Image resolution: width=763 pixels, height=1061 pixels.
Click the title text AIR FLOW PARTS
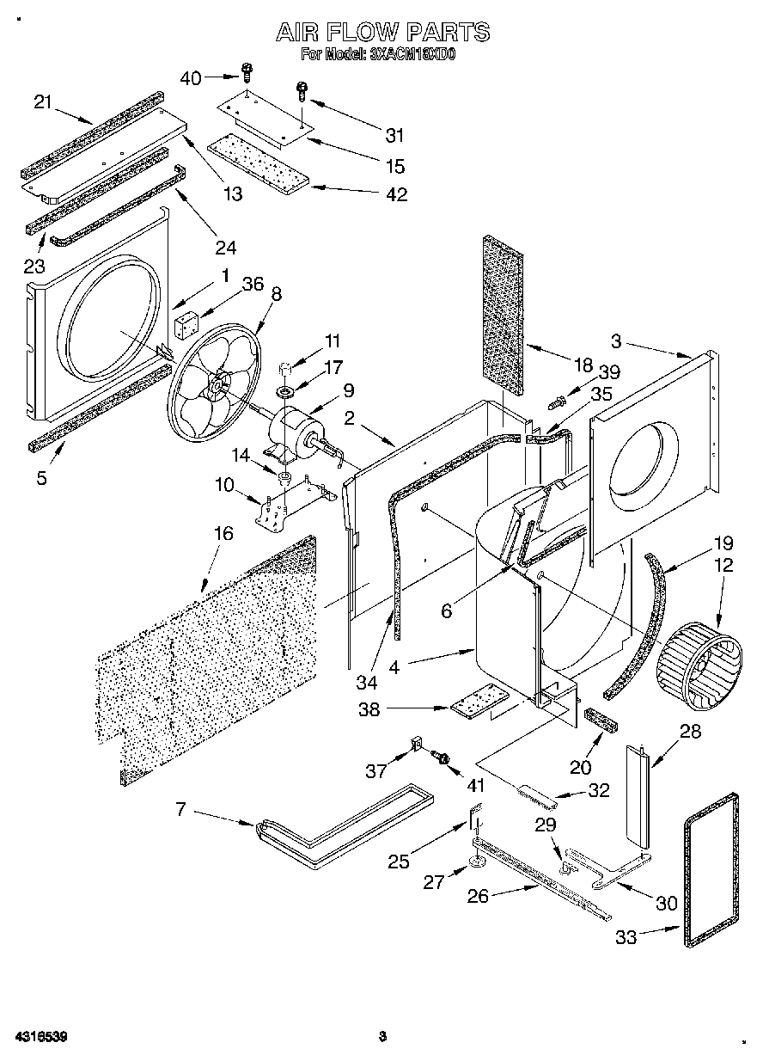pyautogui.click(x=382, y=33)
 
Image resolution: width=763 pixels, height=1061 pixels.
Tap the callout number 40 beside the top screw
pyautogui.click(x=191, y=78)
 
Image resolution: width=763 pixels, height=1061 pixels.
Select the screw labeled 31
pyautogui.click(x=302, y=90)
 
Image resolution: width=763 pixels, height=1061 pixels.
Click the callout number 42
pyautogui.click(x=396, y=194)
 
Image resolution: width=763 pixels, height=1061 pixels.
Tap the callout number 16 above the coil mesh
pyautogui.click(x=223, y=534)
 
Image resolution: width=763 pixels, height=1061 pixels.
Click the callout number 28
pyautogui.click(x=690, y=732)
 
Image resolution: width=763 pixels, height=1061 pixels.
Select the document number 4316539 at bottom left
pyautogui.click(x=40, y=1036)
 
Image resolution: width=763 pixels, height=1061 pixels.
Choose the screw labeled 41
pyautogui.click(x=443, y=757)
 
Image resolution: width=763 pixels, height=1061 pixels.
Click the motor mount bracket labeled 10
pyautogui.click(x=279, y=510)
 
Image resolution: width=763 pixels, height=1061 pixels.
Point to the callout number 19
pyautogui.click(x=723, y=543)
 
